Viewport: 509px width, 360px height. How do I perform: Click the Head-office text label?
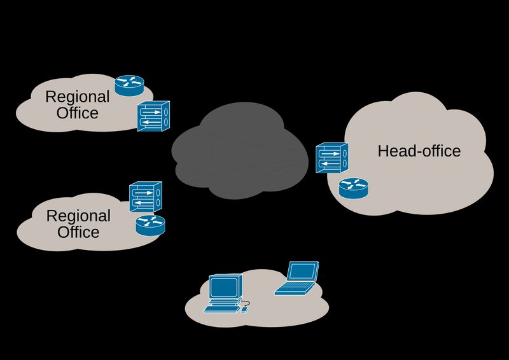tap(419, 151)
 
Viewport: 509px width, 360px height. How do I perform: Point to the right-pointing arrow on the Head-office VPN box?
tap(329, 152)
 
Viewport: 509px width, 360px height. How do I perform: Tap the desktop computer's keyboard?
tap(221, 309)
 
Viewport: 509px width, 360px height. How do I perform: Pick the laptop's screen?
tap(302, 272)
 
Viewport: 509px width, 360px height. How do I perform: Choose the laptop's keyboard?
tap(293, 288)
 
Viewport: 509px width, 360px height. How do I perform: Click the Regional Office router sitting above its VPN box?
tap(130, 85)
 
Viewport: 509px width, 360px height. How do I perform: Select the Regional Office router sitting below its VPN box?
tap(150, 224)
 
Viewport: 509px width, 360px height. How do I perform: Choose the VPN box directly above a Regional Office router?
tap(146, 197)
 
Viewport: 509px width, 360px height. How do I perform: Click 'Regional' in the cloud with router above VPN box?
tap(78, 97)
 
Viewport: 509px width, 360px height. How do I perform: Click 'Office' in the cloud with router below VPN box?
tap(78, 232)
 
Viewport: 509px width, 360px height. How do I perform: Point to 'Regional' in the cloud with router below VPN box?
tap(78, 216)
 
